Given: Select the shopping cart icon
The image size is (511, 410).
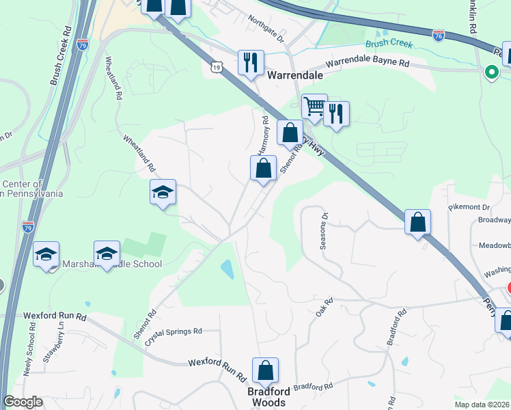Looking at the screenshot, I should (x=314, y=106).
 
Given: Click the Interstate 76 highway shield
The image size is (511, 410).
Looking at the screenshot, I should (x=439, y=34).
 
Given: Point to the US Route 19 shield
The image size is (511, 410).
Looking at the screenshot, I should (x=217, y=67).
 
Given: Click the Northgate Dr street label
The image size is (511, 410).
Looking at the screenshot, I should (x=266, y=29).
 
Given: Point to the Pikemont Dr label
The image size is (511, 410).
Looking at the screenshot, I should (x=469, y=206).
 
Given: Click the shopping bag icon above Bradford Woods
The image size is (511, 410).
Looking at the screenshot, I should (x=265, y=370).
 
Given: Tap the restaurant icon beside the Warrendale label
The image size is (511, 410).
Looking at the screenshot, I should (x=251, y=63).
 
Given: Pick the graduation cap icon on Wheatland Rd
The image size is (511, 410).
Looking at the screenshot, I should (x=163, y=192).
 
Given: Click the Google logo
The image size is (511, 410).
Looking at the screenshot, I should (x=23, y=402).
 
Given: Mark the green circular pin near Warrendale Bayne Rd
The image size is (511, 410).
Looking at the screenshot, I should (x=491, y=71).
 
